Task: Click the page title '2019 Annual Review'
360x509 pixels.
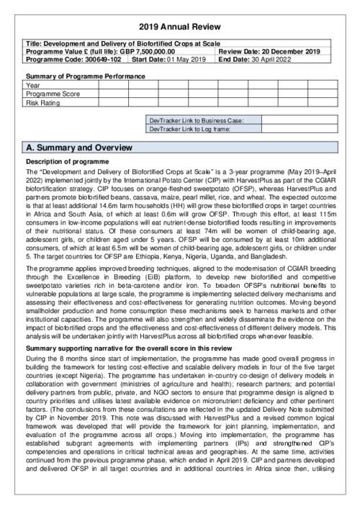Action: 180,27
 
